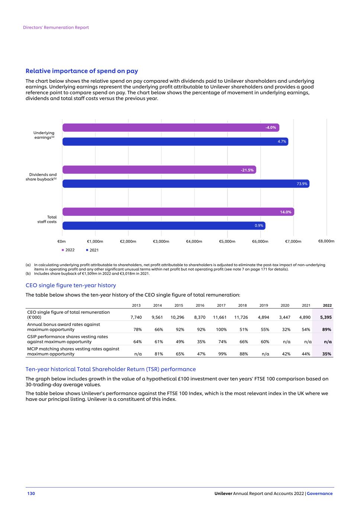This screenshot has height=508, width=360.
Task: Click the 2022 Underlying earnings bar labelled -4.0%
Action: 170,128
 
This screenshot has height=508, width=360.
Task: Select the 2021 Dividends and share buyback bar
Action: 186,183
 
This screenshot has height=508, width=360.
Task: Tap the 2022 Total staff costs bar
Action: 178,212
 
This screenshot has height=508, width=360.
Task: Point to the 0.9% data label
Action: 259,226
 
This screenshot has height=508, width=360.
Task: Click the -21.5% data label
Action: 247,170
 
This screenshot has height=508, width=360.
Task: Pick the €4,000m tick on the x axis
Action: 194,241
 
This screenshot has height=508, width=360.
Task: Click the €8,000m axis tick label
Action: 326,241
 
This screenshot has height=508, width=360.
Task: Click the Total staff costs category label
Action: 47,219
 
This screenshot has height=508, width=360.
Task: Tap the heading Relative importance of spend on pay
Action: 81,71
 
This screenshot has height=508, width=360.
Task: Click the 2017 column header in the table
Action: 221,306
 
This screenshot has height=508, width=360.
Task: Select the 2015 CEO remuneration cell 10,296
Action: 177,317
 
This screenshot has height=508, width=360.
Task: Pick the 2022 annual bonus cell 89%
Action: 327,329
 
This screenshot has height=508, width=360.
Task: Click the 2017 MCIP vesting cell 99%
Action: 222,354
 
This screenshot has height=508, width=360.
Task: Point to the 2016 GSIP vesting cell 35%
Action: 201,342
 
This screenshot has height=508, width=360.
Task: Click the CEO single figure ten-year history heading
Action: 71,285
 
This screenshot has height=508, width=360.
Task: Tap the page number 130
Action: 31,493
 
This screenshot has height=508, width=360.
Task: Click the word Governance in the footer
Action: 319,493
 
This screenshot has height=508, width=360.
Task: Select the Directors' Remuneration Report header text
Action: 56,28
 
